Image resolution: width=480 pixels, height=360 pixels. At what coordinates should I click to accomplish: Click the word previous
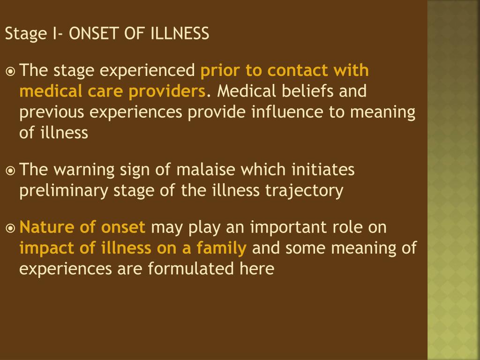click(x=50, y=112)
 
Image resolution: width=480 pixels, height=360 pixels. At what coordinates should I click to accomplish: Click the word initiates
click(x=323, y=170)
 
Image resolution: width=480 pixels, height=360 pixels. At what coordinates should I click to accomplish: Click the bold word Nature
click(x=45, y=227)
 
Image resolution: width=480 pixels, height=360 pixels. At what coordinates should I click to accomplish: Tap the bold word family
click(x=221, y=248)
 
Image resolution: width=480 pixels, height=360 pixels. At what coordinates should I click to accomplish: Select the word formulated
click(x=187, y=269)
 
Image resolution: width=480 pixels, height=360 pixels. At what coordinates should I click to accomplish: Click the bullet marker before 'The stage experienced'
click(x=10, y=71)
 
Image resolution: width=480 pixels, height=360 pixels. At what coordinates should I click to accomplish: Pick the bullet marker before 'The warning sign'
click(x=10, y=170)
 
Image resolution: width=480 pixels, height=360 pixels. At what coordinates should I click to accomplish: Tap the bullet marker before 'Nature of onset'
click(x=10, y=228)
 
